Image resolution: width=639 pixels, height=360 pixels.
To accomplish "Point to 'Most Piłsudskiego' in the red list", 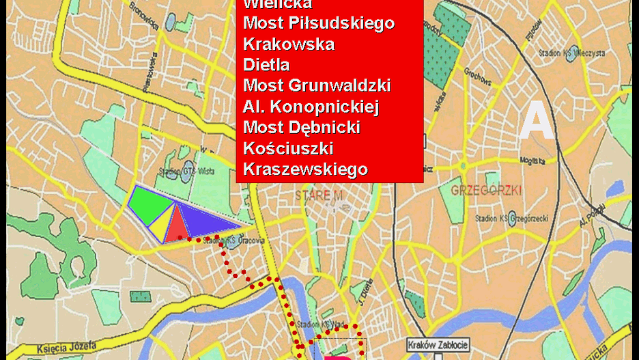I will (319, 23).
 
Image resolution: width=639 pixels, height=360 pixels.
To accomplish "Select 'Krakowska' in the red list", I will (289, 44).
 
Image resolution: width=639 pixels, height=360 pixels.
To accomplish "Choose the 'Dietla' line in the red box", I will (266, 65).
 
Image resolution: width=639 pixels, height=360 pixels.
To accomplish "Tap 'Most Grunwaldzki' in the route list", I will (317, 86).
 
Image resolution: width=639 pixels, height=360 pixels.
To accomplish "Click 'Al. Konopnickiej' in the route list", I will (311, 107).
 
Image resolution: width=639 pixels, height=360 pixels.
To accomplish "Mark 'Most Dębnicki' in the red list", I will (302, 128).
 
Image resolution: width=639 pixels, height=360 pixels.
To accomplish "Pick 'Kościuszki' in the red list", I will (288, 148).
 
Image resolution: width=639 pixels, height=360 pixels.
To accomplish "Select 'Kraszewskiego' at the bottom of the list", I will (305, 169).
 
